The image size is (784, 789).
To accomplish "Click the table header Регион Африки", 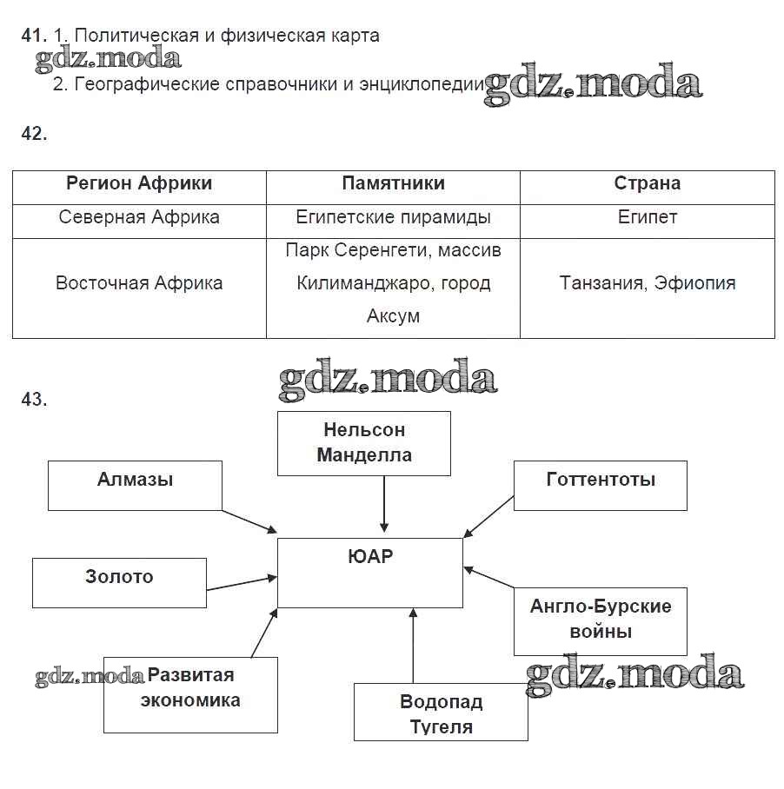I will pos(139,183).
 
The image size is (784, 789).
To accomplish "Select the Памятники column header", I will pos(393,183).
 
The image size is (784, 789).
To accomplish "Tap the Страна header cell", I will pos(647,183).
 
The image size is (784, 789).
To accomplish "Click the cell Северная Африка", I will pos(139,217).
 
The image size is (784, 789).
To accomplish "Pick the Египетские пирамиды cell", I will pos(393,217).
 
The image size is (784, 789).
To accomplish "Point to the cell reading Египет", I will pos(647,217).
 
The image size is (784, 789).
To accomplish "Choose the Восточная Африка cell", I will pos(139,283).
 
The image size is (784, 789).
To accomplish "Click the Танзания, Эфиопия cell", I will pos(647,283).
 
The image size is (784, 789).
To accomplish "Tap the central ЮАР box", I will pos(369,572).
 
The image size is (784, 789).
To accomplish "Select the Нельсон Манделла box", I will pos(363,443).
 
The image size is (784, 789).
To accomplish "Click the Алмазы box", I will pos(135,485).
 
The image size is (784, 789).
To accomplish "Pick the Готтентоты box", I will pos(600,485).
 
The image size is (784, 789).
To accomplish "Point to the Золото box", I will pos(119,582).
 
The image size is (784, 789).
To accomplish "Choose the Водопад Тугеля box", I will pos(441,713).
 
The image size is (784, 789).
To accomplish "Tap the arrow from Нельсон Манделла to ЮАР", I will pos(383,504).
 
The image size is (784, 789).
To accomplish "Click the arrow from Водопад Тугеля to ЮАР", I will pos(413,647).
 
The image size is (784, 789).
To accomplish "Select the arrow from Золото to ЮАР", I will pos(242,583).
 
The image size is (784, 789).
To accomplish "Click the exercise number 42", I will pos(34,133).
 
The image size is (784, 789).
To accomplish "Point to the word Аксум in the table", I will pos(393,316).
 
